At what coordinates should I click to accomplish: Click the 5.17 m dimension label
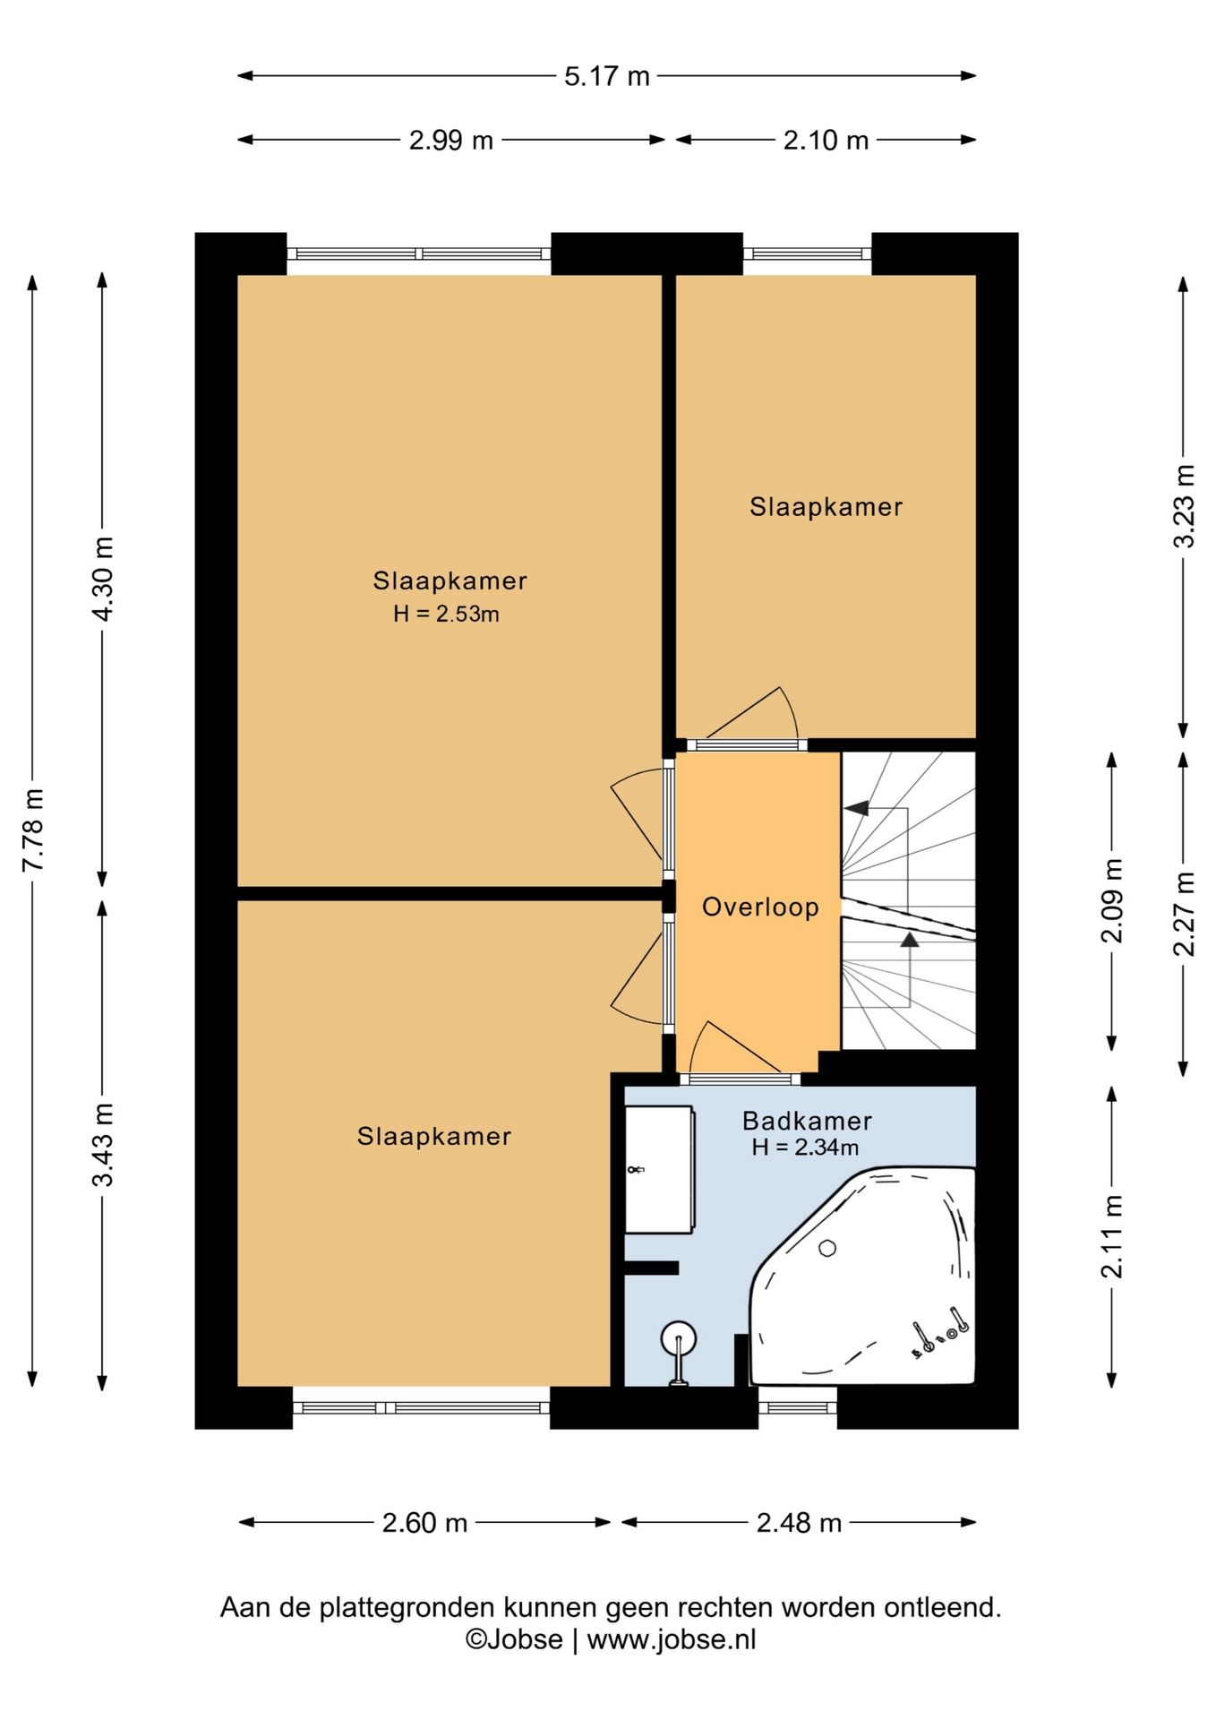[606, 76]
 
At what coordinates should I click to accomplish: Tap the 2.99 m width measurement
[451, 140]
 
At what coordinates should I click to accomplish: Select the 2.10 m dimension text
[826, 140]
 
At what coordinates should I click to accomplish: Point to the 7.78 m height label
[33, 830]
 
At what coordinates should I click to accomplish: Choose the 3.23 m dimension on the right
[1185, 505]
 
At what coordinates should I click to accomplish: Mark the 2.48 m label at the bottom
[799, 1523]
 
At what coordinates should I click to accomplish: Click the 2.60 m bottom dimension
[424, 1523]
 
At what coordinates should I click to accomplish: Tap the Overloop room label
[760, 907]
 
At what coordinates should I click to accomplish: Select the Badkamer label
[807, 1121]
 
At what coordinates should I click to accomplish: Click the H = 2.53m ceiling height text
[446, 614]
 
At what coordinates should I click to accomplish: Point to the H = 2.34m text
[805, 1147]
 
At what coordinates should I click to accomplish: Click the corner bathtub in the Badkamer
[861, 1276]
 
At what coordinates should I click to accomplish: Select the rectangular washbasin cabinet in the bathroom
[658, 1169]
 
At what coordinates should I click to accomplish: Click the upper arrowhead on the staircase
[857, 808]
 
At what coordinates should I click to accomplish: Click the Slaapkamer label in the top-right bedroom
[826, 507]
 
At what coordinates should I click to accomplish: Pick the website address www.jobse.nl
[672, 1639]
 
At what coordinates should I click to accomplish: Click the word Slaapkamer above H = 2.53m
[450, 580]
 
